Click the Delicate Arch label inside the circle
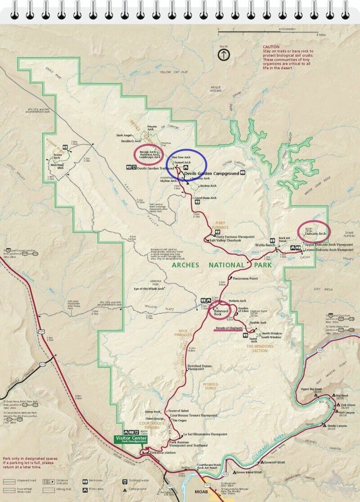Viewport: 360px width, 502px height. (315, 234)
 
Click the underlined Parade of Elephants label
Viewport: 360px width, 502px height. (229, 328)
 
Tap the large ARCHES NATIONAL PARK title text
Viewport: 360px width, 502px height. (222, 265)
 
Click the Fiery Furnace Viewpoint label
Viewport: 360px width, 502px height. (235, 237)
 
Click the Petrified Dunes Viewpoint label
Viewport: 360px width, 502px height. (199, 368)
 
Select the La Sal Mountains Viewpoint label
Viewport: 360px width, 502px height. (205, 434)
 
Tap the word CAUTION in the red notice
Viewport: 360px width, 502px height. (271, 47)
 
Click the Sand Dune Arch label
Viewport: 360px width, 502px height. (205, 198)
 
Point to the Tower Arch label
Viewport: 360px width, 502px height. (57, 157)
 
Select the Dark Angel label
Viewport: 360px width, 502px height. (125, 135)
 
